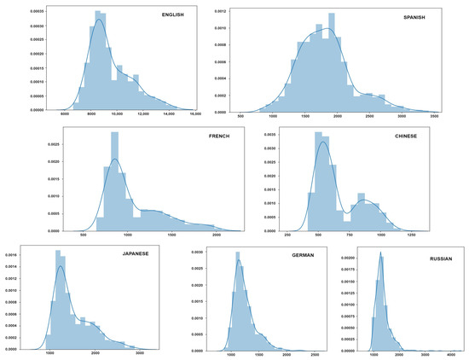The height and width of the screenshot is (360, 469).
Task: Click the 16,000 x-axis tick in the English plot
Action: [194, 113]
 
